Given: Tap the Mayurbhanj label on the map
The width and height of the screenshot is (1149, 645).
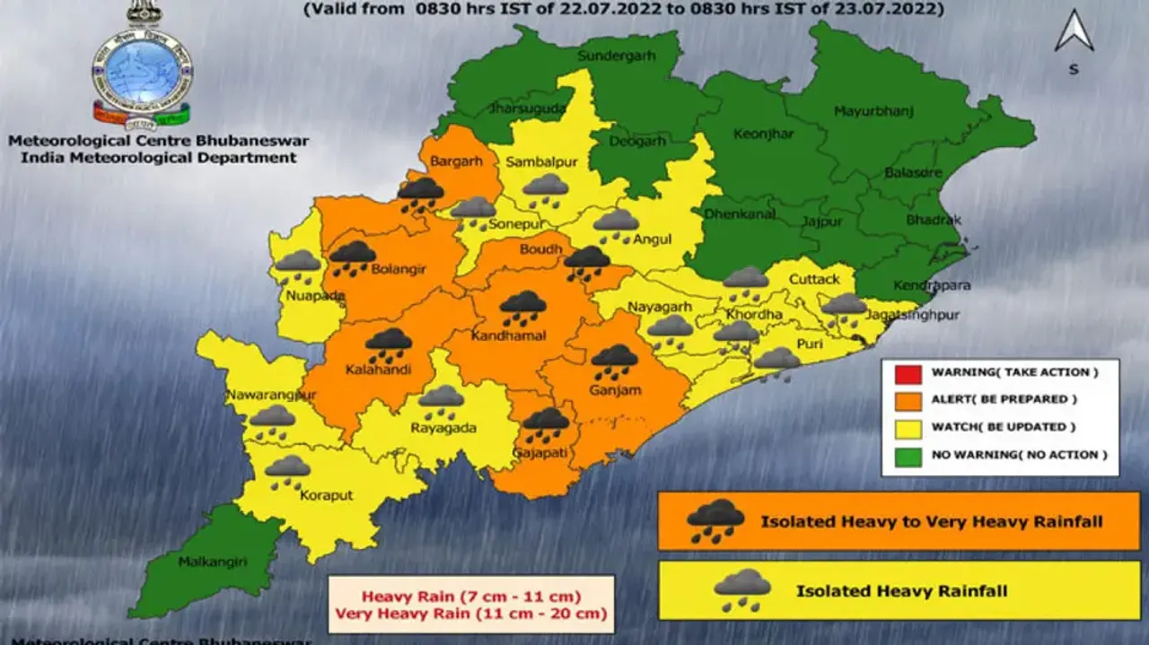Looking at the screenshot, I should (873, 111).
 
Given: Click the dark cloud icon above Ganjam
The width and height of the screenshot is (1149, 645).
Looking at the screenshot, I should (614, 360).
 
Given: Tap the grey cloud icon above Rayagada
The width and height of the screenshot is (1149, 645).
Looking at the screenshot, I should (441, 400).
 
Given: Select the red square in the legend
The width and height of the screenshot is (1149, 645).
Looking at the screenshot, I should (910, 371).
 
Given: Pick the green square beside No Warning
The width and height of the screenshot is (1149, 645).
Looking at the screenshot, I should (910, 455).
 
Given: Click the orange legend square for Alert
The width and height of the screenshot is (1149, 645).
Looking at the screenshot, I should (910, 399).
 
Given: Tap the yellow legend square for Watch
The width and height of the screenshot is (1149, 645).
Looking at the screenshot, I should (910, 427).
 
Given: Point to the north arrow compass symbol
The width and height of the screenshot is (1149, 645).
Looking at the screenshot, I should (1074, 32).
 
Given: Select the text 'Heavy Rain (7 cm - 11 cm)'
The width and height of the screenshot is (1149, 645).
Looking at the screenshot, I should (470, 597).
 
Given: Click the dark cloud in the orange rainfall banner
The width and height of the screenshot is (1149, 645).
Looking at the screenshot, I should (715, 521).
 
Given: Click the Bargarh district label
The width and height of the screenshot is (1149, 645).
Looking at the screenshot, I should (456, 161).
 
